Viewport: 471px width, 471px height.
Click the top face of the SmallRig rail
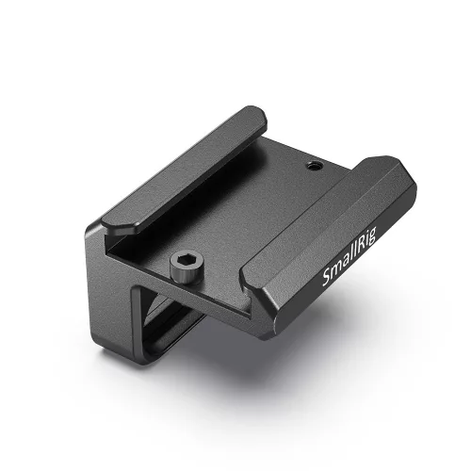[330, 226]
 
